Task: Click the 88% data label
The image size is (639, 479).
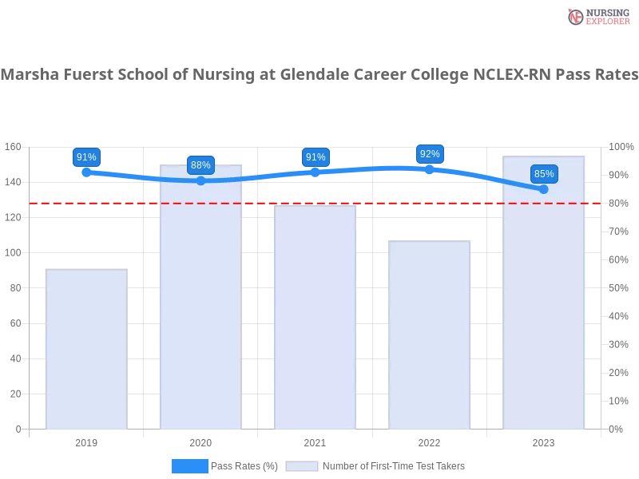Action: pos(200,165)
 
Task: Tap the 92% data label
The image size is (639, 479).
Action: pos(430,154)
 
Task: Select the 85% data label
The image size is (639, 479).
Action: pos(544,174)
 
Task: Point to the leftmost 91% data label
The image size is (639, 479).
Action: pos(86,157)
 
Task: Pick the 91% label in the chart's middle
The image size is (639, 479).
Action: pos(316,157)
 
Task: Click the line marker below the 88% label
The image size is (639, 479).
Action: pos(200,180)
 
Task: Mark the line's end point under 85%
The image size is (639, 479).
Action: pos(544,189)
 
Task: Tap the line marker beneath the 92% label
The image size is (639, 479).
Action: pos(430,168)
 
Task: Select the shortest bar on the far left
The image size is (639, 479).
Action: pos(86,350)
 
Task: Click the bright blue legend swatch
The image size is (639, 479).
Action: pos(189,466)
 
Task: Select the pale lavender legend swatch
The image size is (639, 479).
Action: pos(302,466)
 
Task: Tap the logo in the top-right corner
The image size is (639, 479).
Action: pos(597,16)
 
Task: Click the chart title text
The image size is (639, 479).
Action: pos(319,75)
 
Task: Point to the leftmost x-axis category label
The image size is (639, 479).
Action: pos(86,441)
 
